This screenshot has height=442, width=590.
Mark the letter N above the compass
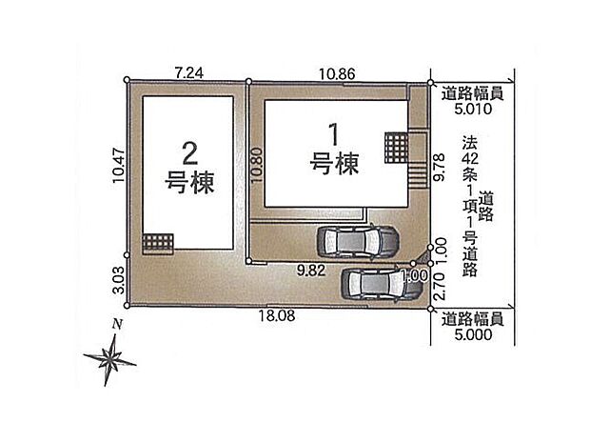(x=116, y=324)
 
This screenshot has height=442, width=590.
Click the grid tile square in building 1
(x=396, y=148)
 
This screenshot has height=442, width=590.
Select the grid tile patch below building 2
(x=157, y=242)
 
